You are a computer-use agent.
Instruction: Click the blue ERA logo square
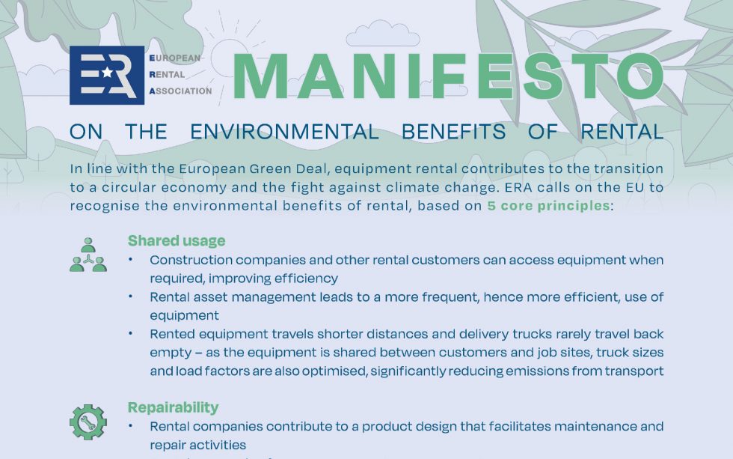tap(107, 75)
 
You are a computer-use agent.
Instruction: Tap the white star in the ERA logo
tap(107, 72)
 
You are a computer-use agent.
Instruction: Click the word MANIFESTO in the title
tap(448, 76)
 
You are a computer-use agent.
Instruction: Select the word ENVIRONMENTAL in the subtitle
tap(284, 132)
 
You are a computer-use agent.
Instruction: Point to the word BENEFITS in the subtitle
tap(453, 132)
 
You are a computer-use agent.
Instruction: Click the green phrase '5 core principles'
tap(548, 205)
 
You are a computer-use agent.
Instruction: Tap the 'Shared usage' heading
tap(177, 240)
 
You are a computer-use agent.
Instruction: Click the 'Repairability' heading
tap(174, 407)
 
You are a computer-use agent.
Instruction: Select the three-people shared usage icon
tap(88, 255)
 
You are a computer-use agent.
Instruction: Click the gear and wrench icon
tap(88, 422)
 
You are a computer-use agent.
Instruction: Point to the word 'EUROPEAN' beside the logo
tap(175, 58)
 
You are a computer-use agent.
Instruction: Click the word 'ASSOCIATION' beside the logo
tap(180, 91)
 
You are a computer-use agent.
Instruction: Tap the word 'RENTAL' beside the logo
tap(167, 74)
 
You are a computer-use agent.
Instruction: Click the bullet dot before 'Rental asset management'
tap(130, 297)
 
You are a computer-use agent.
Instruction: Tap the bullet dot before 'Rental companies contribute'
tap(130, 426)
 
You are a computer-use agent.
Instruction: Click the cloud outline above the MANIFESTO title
tap(382, 34)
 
